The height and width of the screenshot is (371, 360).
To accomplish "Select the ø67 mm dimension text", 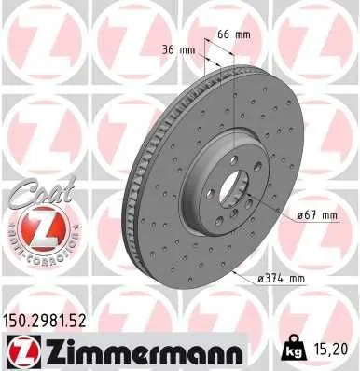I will tap(319, 215).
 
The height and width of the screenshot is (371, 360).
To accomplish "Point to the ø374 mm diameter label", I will tap(281, 278).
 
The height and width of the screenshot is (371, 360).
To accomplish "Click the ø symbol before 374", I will tap(262, 278).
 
